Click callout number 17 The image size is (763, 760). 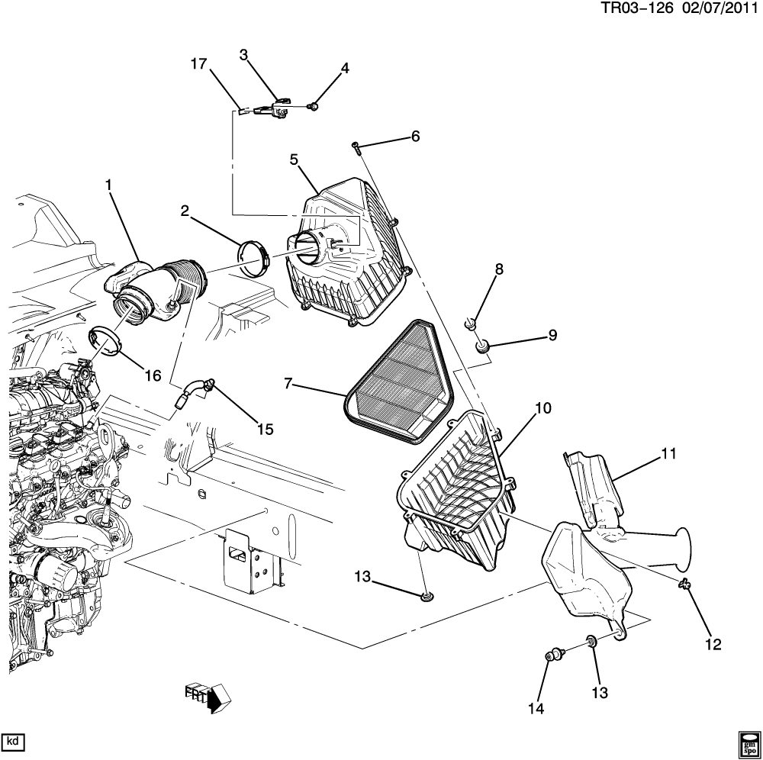198,66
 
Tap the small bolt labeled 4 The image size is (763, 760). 314,106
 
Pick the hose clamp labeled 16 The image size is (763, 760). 105,341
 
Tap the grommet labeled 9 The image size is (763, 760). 482,347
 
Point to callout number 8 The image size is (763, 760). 500,269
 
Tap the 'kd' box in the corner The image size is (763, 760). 13,740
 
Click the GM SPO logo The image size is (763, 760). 748,744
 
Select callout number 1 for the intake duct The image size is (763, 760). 108,185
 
